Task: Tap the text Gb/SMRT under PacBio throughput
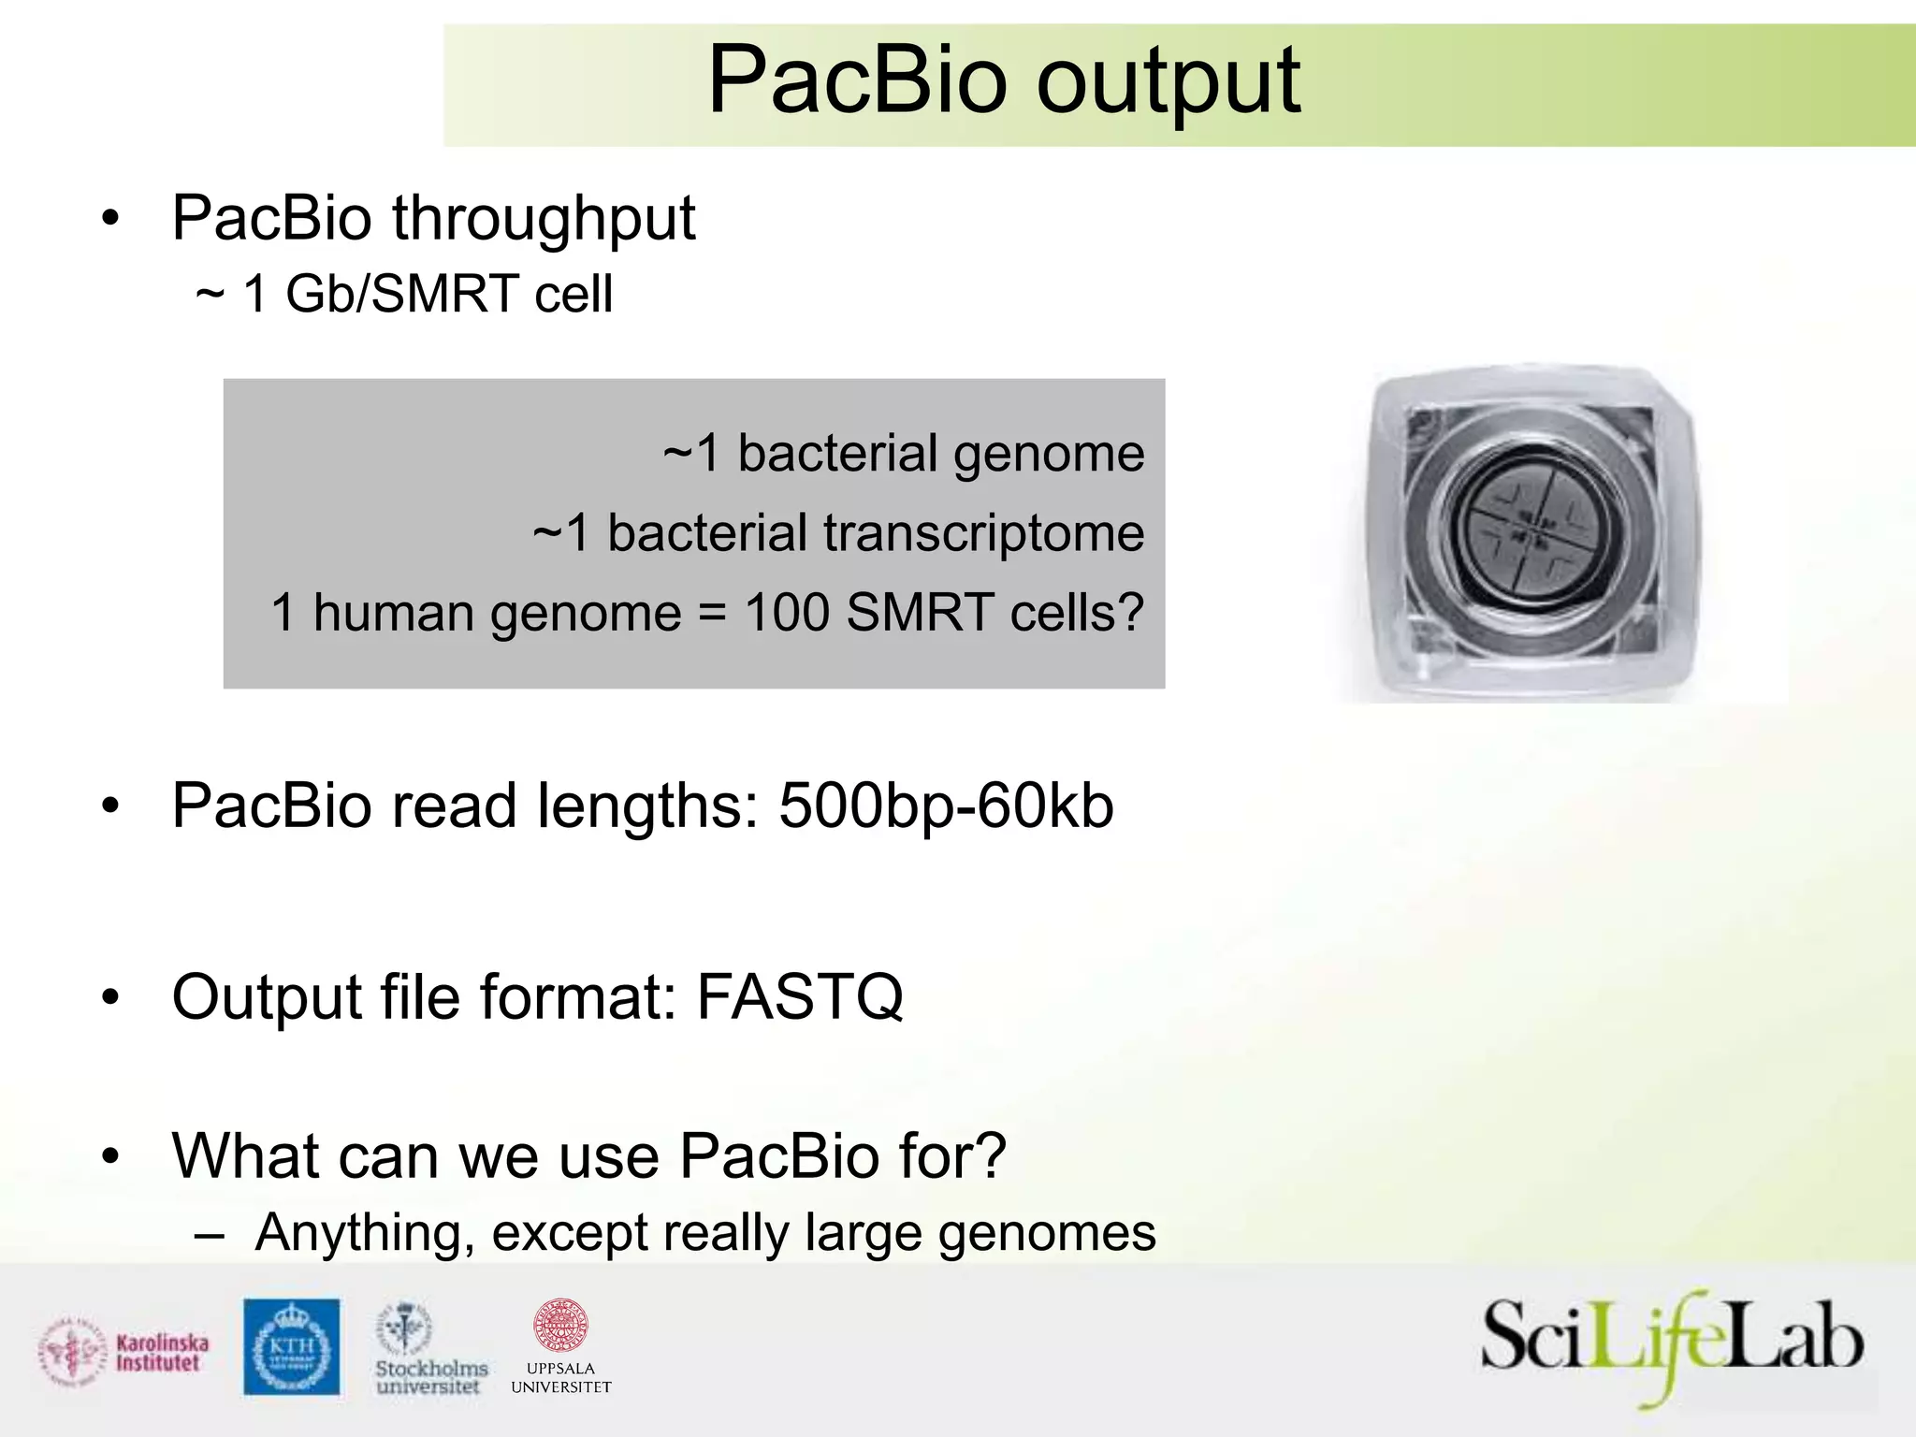coord(401,294)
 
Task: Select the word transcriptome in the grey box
coord(982,533)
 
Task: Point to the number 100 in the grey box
coord(787,613)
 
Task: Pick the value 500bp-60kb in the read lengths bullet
coord(946,806)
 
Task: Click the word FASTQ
coord(800,996)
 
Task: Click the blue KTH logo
coord(291,1346)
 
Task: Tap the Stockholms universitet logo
coord(430,1348)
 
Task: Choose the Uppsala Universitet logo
coord(560,1346)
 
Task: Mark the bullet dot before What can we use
coord(111,1157)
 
